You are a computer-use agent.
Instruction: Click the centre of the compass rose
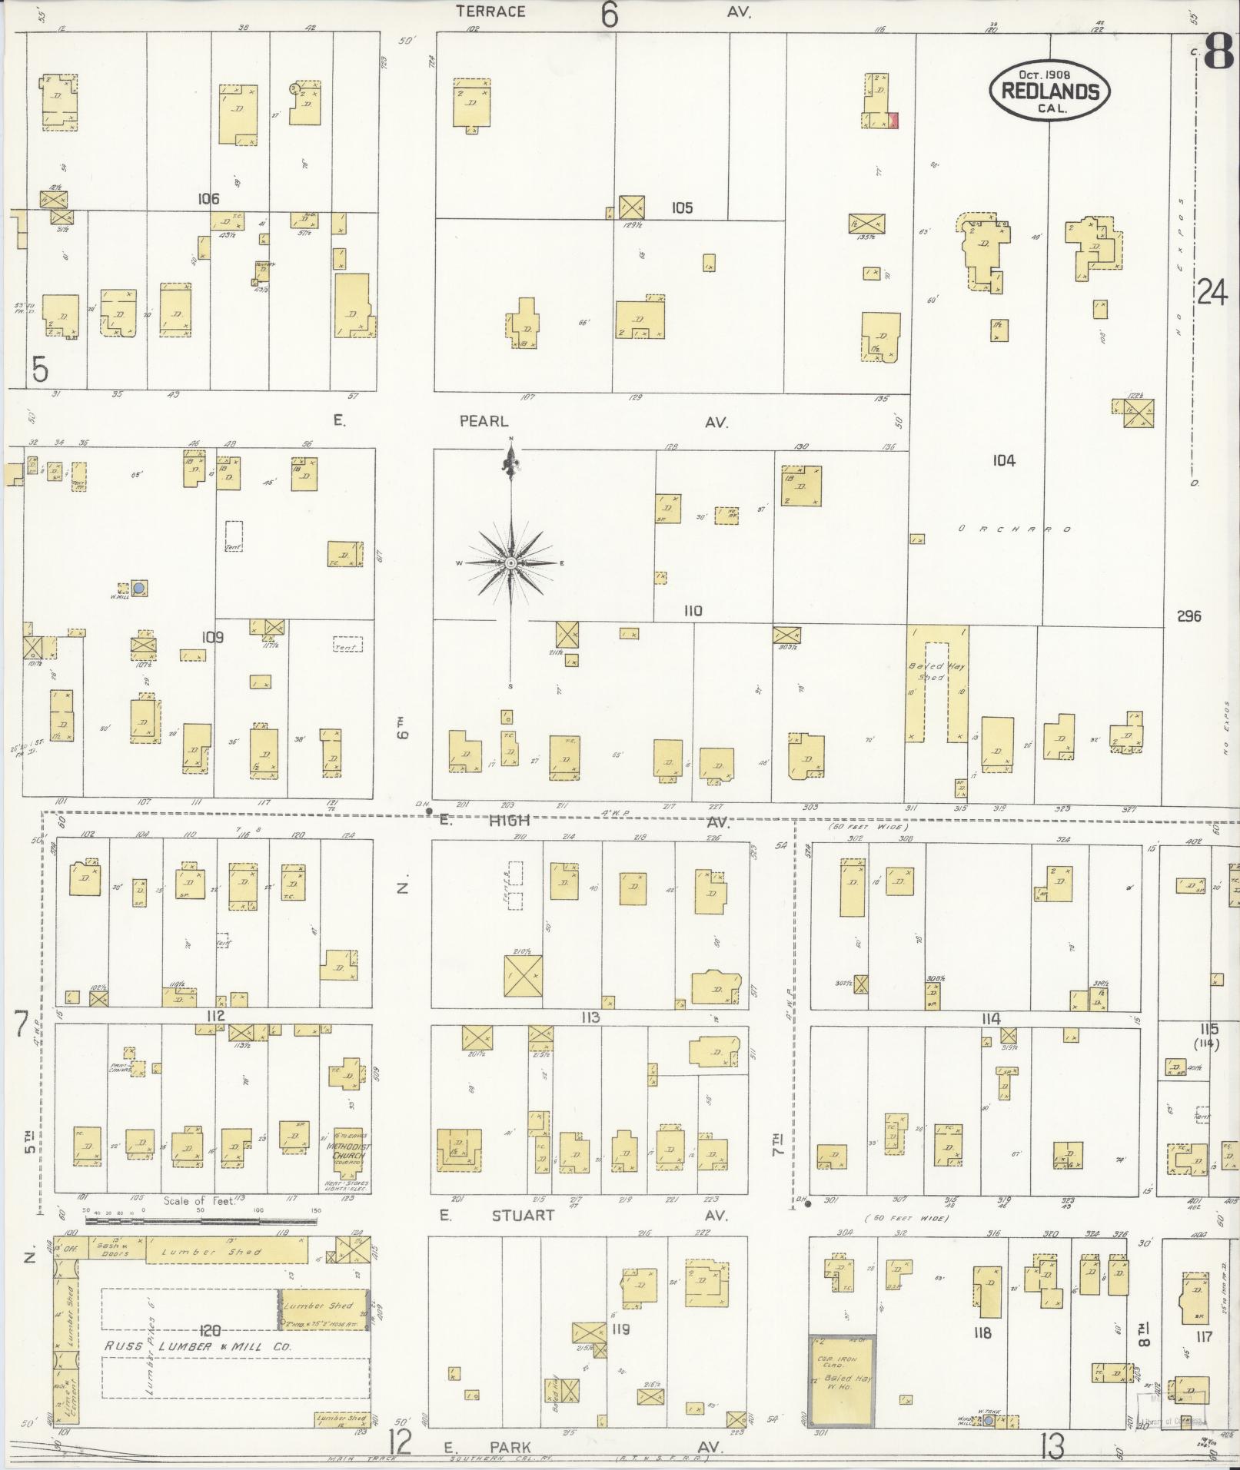[510, 563]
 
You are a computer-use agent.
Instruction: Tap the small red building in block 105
[893, 120]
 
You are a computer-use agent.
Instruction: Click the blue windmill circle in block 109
[139, 588]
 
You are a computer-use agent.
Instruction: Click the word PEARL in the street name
[484, 421]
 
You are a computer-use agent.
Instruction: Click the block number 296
[1188, 616]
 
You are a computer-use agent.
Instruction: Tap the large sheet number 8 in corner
[1220, 53]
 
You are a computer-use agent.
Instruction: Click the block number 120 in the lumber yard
[210, 1329]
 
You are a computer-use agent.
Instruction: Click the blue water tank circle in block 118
[988, 1421]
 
